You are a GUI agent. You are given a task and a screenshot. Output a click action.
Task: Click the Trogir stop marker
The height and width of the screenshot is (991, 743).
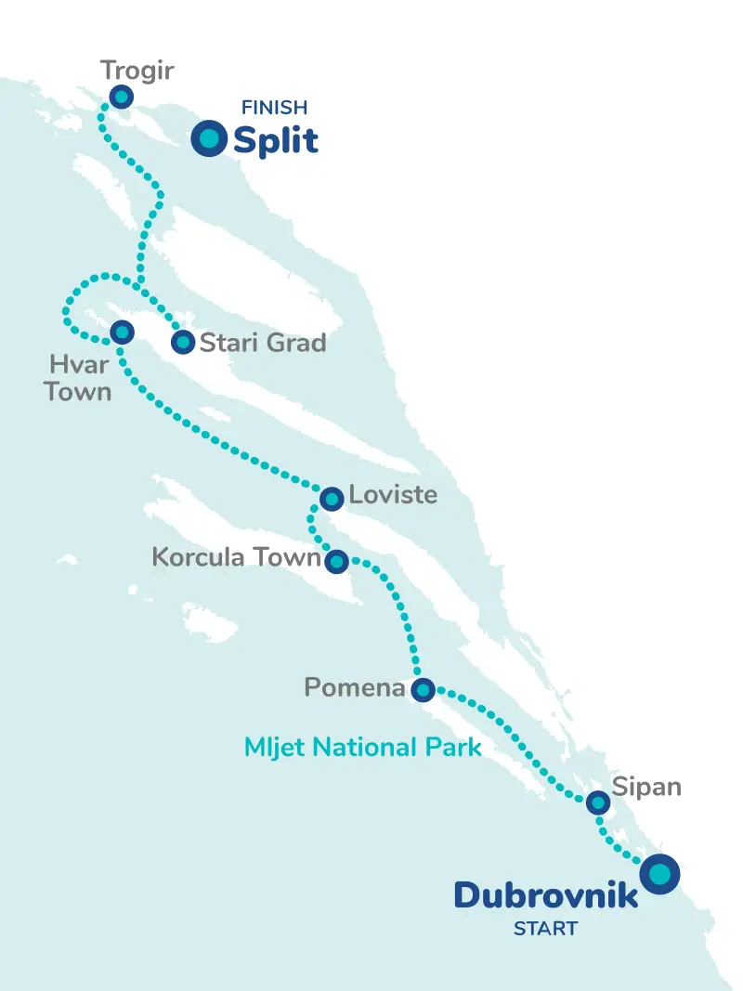click(x=121, y=97)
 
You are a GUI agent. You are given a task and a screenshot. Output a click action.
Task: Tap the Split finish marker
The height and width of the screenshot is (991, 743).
click(x=209, y=138)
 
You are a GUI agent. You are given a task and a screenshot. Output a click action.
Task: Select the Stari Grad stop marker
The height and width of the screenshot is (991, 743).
click(x=183, y=343)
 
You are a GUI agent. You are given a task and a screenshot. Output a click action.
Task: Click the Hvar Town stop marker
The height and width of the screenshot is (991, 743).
click(x=122, y=332)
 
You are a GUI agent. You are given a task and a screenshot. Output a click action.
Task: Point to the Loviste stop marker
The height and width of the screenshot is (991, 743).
click(x=332, y=499)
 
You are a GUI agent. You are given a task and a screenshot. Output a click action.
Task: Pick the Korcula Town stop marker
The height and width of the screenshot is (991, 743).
click(x=336, y=561)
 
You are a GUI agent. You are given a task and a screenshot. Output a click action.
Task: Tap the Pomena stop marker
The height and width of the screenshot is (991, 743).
click(x=423, y=689)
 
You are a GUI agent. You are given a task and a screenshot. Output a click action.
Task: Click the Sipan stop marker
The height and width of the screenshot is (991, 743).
click(x=598, y=802)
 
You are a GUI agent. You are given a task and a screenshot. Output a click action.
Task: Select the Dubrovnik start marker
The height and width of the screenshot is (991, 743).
click(x=659, y=874)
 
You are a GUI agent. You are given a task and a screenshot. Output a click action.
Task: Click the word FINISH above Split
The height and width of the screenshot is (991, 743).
click(x=274, y=109)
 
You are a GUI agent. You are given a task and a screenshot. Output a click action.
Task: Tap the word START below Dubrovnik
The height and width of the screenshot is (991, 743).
click(x=545, y=928)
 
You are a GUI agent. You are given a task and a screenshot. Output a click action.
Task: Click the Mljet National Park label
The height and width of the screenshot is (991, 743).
click(x=362, y=746)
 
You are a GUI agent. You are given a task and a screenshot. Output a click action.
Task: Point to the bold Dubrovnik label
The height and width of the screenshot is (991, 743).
click(x=546, y=895)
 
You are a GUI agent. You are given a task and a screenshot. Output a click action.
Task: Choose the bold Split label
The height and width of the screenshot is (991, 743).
click(x=276, y=140)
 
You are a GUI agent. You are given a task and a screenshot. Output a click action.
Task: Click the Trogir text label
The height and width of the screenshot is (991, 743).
click(x=137, y=70)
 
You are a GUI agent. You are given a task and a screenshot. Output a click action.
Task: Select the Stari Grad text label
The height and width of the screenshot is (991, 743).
click(x=263, y=343)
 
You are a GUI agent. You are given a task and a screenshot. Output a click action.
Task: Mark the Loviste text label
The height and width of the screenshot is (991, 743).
click(x=393, y=494)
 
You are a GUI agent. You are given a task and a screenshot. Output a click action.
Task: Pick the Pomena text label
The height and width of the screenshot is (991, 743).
click(x=355, y=688)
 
